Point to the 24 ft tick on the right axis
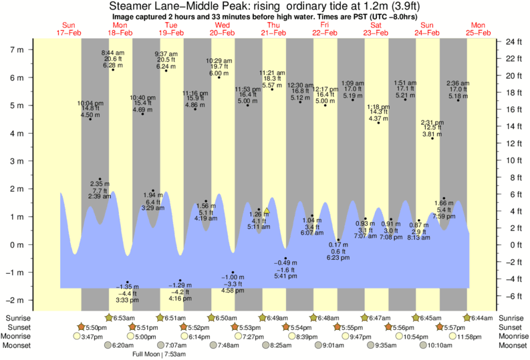point(513,41)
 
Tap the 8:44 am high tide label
point(113,59)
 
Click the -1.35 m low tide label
point(127,293)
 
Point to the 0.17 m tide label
point(339,250)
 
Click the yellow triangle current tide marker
point(266,211)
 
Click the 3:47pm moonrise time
point(91,337)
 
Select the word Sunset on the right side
point(508,327)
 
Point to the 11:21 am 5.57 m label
point(272,79)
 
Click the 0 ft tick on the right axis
point(510,244)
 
